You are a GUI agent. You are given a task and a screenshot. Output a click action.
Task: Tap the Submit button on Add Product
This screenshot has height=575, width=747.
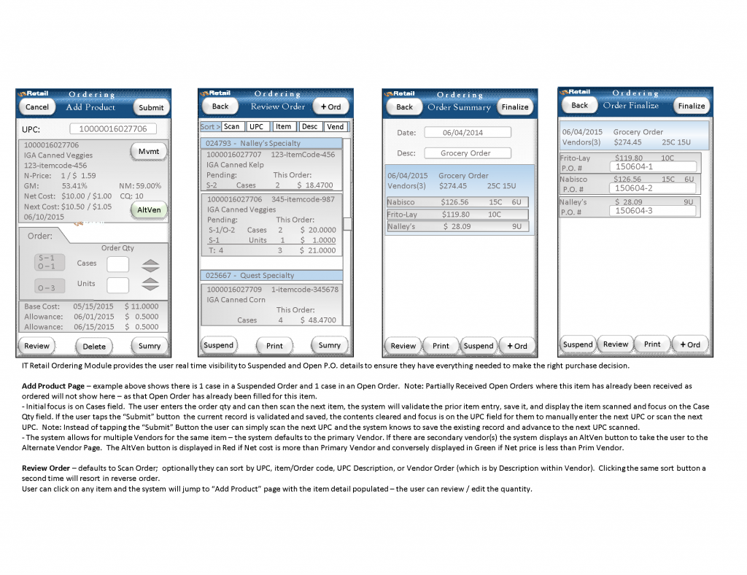151,107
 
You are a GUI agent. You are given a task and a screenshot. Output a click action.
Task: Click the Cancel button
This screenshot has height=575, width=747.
36,107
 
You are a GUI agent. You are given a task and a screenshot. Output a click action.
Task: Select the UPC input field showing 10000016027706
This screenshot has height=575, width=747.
114,129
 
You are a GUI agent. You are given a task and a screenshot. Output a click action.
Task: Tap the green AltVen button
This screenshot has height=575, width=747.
149,210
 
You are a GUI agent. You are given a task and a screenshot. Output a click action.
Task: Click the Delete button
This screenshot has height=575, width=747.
94,346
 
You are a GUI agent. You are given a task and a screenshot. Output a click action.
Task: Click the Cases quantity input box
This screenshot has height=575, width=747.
118,264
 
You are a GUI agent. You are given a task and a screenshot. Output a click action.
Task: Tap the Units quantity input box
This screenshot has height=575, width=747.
118,285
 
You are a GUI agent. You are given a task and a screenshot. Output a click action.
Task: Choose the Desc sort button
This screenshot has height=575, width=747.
309,127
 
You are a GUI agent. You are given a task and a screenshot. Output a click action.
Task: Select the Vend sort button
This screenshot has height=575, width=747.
335,127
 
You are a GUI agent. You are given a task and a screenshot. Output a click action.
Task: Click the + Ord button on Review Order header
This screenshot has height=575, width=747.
331,107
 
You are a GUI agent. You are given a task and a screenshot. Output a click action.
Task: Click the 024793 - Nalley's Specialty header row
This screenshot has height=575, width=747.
271,144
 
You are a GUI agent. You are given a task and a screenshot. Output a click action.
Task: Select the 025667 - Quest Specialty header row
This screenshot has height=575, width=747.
271,276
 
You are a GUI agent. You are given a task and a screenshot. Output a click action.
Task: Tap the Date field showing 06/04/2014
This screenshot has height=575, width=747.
467,133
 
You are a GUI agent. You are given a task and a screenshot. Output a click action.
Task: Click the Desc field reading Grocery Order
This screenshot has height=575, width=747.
466,153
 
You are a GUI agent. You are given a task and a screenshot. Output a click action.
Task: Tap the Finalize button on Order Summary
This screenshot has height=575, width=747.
514,107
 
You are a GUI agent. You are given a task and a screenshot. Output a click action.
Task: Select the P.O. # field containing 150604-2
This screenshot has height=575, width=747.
652,188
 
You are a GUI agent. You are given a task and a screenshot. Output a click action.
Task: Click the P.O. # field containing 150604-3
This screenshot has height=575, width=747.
652,211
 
